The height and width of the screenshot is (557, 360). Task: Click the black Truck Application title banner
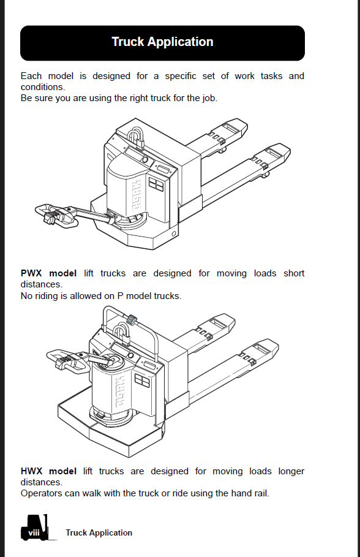[x=163, y=43]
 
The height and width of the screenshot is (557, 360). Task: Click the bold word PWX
[x=31, y=273]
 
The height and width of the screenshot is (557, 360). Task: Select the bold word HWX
[x=31, y=471]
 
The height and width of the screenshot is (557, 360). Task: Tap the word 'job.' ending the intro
[x=210, y=98]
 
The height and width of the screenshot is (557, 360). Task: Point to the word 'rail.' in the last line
[x=261, y=493]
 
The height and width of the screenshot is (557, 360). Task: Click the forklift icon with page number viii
[x=34, y=528]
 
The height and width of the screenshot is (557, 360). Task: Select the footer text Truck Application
[x=99, y=533]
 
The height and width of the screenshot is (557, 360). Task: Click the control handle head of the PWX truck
[x=56, y=214]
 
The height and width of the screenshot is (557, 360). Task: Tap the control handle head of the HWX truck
[x=68, y=360]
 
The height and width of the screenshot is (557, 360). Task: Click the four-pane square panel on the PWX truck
[x=156, y=184]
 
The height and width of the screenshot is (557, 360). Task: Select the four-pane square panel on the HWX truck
[x=142, y=382]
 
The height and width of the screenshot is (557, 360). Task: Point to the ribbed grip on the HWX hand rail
[x=132, y=319]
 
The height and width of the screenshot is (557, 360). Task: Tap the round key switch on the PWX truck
[x=145, y=159]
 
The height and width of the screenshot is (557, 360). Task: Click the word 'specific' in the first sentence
[x=181, y=76]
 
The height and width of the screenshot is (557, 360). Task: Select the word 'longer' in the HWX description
[x=291, y=471]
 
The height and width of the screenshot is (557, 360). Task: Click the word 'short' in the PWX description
[x=294, y=273]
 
